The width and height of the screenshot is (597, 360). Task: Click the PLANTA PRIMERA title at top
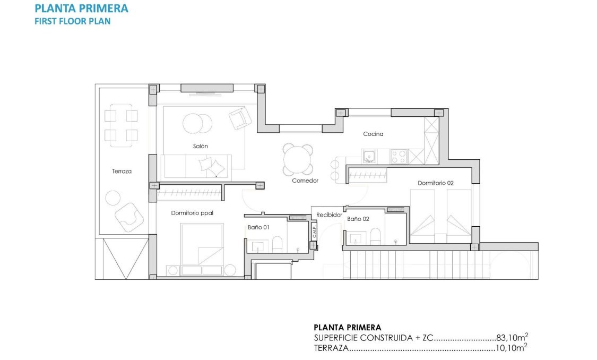81,8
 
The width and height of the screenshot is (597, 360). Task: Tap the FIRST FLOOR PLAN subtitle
73,22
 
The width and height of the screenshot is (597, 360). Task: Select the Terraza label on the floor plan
122,172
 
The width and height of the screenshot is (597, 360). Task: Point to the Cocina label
373,134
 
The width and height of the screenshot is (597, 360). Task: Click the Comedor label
305,181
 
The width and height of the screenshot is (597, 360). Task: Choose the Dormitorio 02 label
436,183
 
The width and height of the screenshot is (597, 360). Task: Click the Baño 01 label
258,227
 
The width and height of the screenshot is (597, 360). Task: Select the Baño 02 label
358,219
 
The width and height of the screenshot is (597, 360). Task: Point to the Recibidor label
329,215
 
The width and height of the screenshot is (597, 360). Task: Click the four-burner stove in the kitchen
399,157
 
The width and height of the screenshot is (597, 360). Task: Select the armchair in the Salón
240,117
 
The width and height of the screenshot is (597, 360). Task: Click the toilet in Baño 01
276,245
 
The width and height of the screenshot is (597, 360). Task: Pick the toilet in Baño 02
375,237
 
